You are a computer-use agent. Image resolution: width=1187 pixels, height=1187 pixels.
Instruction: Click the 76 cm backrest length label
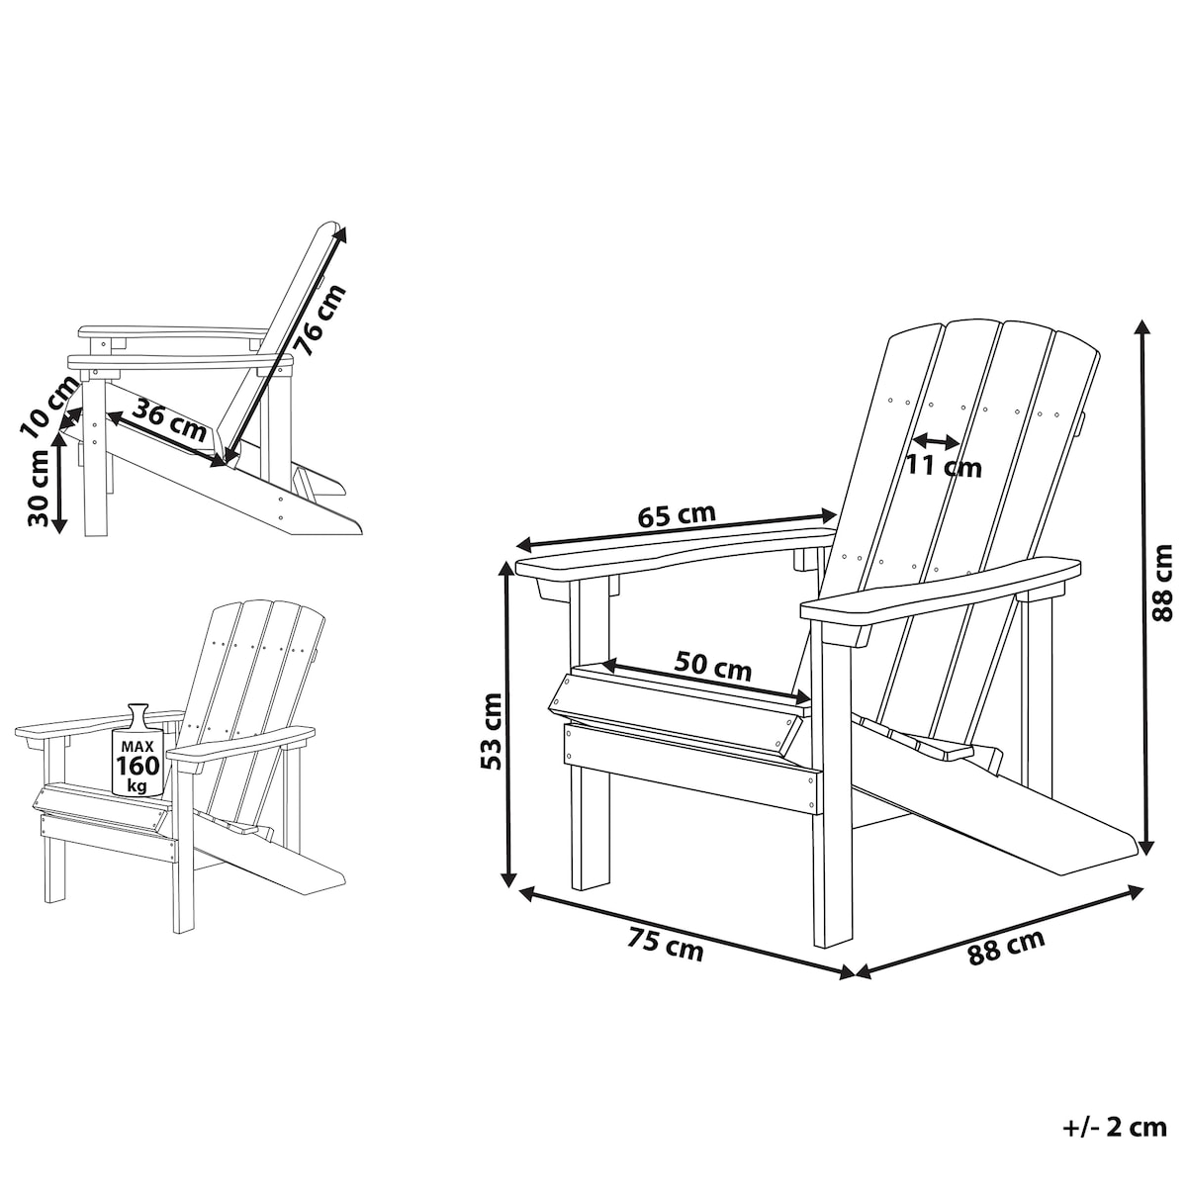(x=320, y=320)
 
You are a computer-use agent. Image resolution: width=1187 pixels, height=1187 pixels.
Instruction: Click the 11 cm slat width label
(x=943, y=466)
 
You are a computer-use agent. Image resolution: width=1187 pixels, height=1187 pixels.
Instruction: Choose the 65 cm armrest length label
(x=676, y=515)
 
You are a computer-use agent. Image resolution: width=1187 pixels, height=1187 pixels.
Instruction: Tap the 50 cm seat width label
(x=712, y=667)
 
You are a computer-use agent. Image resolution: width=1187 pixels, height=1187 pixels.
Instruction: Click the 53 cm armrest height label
(x=491, y=731)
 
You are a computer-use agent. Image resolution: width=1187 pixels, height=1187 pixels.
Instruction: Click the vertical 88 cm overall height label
(x=1162, y=583)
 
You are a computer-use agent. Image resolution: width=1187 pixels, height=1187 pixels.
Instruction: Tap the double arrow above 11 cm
(x=936, y=440)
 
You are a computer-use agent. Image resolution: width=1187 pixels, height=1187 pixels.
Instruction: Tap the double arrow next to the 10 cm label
(x=70, y=417)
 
